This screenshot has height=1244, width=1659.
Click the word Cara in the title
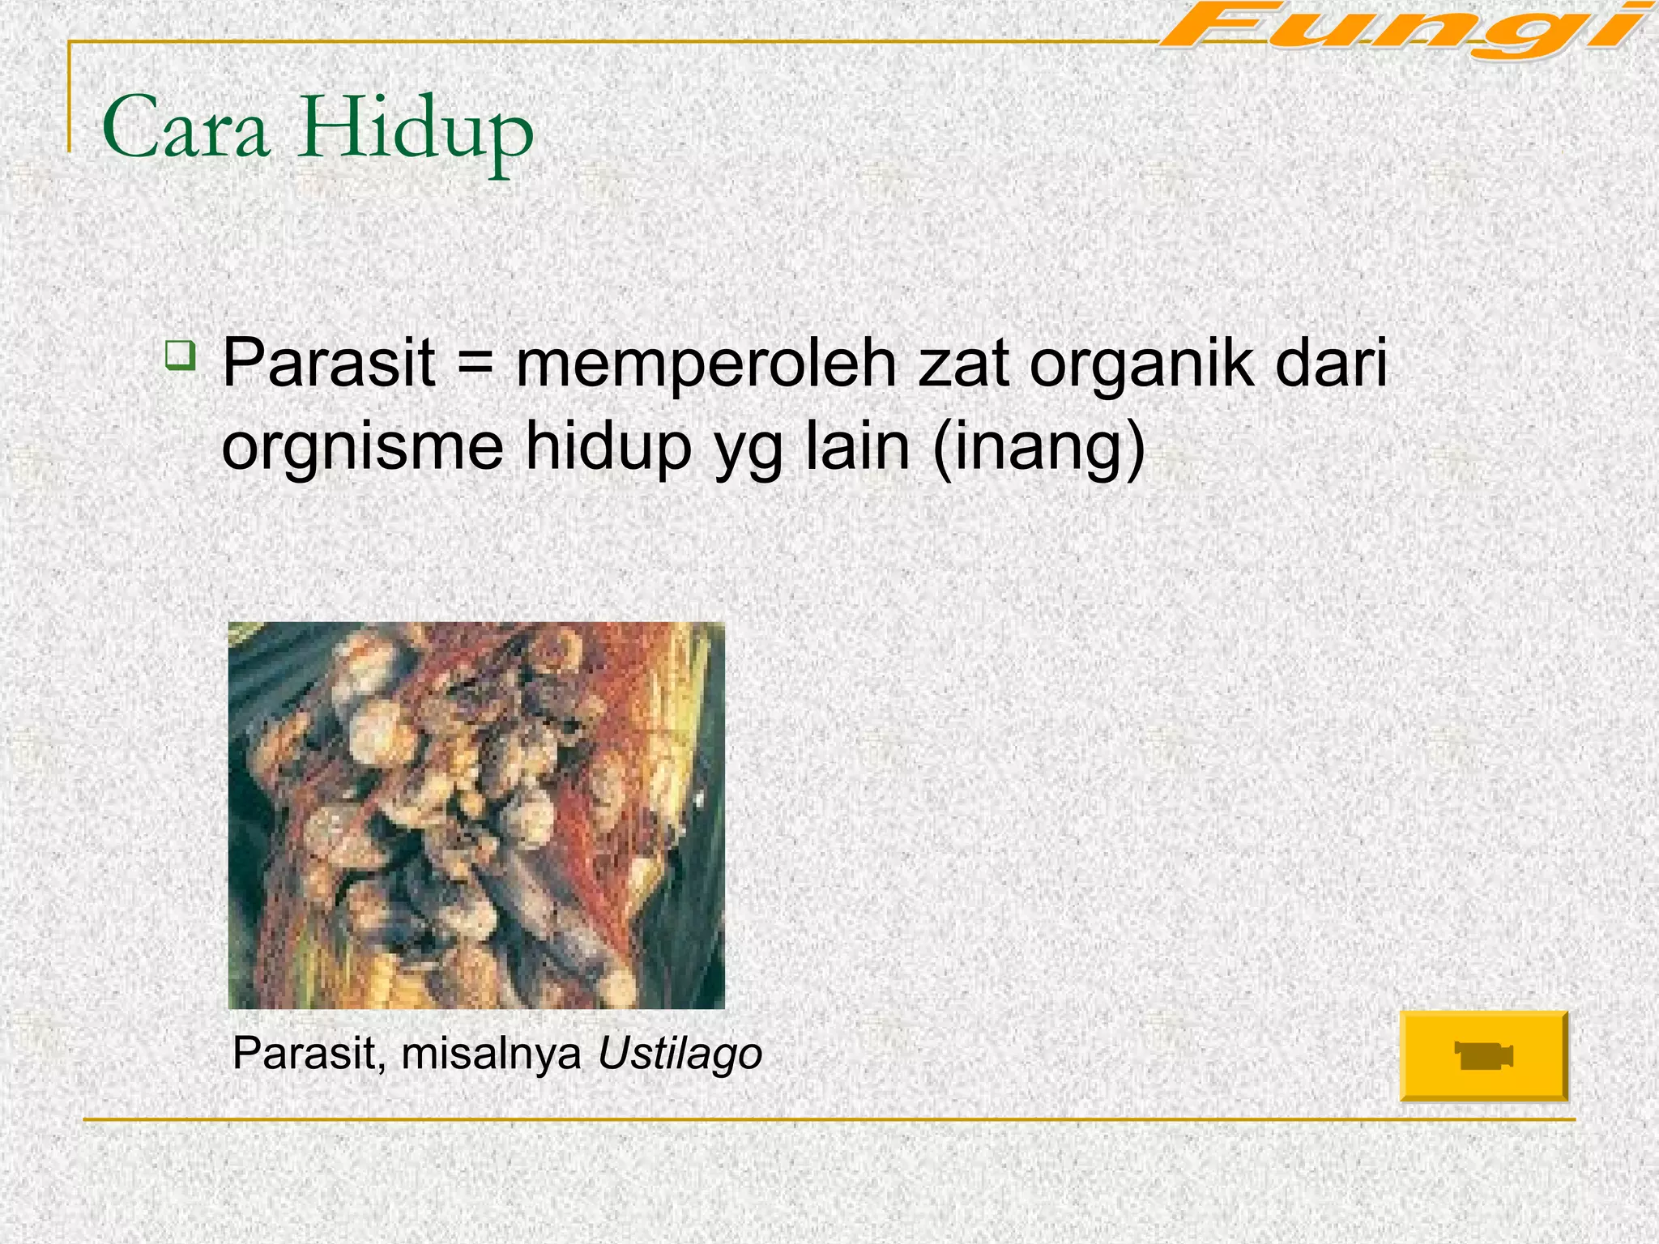[185, 130]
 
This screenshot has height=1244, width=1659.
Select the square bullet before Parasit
[179, 356]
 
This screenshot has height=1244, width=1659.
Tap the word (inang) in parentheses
[1039, 448]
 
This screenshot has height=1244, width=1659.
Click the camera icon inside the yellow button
[1483, 1056]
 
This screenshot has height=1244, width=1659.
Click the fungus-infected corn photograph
[476, 815]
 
